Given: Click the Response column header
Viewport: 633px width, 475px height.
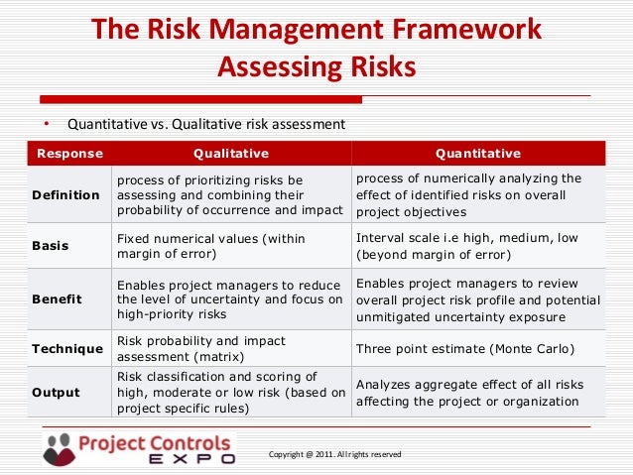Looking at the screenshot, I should pos(63,154).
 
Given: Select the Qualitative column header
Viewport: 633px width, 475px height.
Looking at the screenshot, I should pos(230,154).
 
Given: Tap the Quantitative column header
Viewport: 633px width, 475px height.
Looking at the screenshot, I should pos(478,154).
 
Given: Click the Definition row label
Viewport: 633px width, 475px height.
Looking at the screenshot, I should pos(65,195).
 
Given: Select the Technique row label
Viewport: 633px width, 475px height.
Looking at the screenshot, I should pos(67,349).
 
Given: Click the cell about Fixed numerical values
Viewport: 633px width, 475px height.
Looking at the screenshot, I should pos(210,246).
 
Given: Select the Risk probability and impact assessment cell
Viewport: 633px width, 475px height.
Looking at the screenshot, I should pos(200,348).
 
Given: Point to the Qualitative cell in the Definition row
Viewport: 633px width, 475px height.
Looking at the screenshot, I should pos(229,195).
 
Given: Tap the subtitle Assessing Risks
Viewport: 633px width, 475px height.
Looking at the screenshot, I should pos(316,66).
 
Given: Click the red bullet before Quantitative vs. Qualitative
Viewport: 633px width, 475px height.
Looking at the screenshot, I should pos(45,124).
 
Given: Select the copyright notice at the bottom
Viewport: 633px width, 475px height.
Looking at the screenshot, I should pos(334,454).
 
